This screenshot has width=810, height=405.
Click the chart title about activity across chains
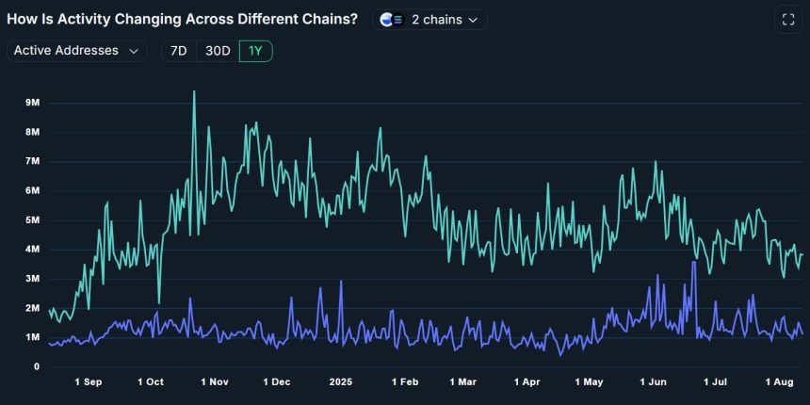182,20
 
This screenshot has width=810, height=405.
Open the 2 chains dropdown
429,20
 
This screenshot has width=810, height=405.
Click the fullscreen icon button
788,20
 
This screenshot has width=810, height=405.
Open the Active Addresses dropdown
76,51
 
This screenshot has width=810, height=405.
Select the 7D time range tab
179,51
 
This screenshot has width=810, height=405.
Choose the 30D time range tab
218,51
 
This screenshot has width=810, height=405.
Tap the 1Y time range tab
255,51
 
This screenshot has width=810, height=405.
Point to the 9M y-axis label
33,103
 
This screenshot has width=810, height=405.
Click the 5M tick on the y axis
33,220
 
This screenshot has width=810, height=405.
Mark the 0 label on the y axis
37,366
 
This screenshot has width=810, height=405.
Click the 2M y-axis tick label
33,308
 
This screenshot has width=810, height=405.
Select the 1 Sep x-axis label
89,382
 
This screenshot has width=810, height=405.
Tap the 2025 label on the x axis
340,382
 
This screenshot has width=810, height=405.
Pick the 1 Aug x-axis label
779,382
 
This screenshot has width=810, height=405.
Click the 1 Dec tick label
277,382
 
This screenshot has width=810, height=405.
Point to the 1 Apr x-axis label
526,382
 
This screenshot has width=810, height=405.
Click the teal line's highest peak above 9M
194,92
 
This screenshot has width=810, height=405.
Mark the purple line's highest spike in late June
694,263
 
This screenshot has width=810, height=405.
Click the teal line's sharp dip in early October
159,302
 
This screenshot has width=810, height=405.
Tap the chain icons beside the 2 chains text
392,20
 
